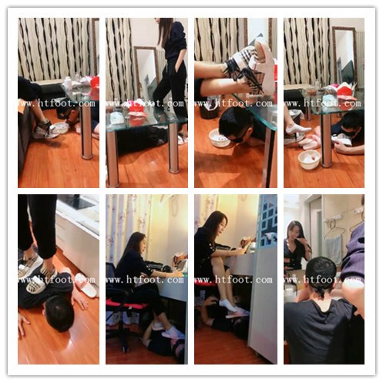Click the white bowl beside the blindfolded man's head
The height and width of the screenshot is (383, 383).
click(x=219, y=137)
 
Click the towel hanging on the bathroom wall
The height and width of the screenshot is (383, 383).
click(x=334, y=249)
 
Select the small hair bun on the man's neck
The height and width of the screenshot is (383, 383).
click(x=323, y=291)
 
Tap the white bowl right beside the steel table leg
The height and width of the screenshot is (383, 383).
click(x=309, y=160)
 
